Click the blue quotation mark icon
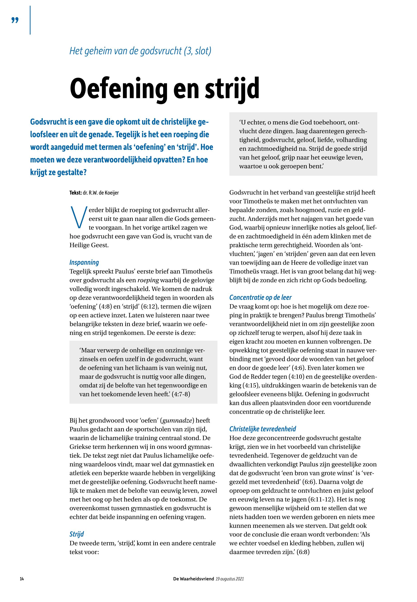click(x=15, y=20)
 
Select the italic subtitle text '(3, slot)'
click(x=197, y=51)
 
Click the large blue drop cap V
click(x=77, y=217)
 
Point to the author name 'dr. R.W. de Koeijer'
click(x=101, y=193)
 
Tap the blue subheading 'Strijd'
click(x=77, y=534)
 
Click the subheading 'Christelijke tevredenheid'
click(x=263, y=429)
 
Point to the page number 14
click(x=22, y=579)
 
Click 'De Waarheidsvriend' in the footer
click(x=194, y=579)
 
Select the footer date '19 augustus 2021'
click(x=230, y=579)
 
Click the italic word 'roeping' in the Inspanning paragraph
click(x=148, y=280)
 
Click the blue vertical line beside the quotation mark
click(x=30, y=20)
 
